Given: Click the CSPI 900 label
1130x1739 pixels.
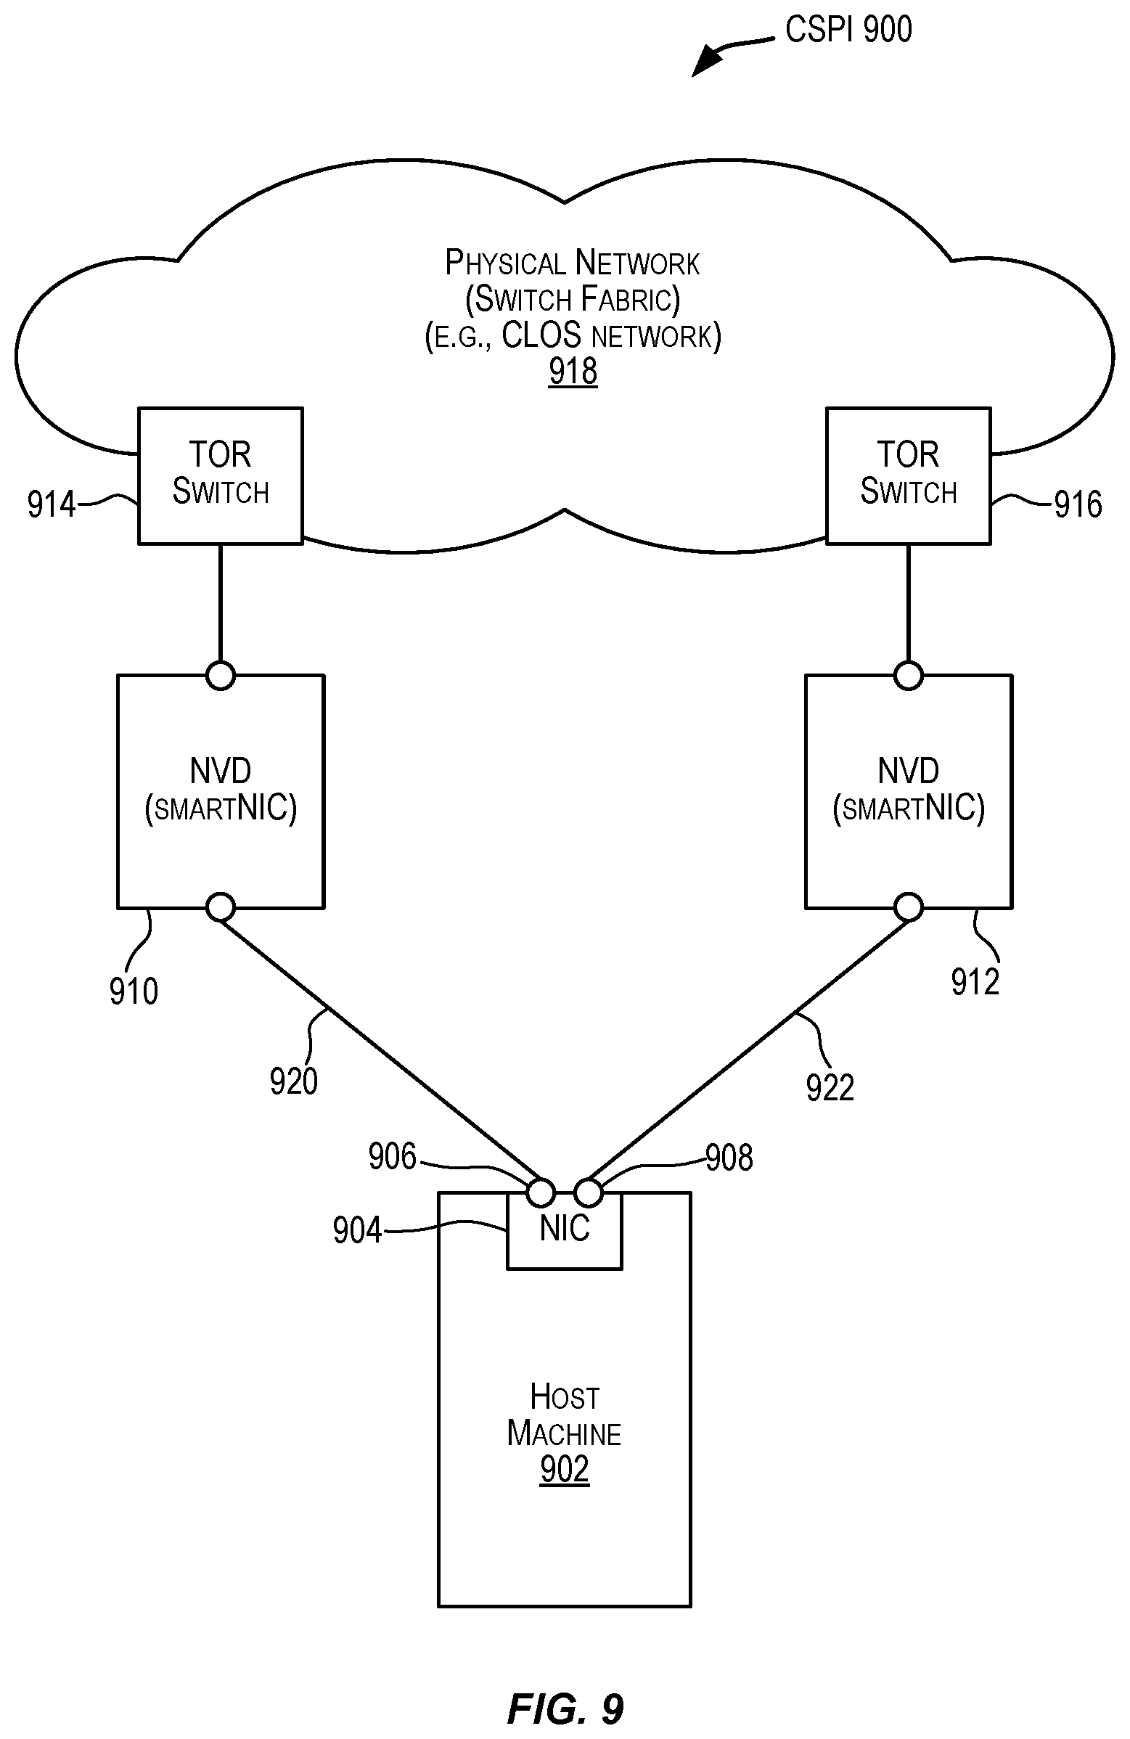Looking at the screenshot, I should [848, 30].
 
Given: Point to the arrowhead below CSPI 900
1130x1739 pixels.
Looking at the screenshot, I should [703, 65].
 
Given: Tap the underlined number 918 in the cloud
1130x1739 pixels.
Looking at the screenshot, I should [573, 371].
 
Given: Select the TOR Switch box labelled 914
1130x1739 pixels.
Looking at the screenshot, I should [221, 475].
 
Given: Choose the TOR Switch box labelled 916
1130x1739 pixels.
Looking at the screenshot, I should [908, 475].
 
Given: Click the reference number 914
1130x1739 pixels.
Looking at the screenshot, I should [51, 505].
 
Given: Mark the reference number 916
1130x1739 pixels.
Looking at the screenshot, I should [1078, 505].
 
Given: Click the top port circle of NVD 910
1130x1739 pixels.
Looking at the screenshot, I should [221, 676].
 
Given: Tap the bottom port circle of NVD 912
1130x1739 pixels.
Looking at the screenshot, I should [908, 907].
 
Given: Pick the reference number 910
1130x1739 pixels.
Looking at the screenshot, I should [134, 991].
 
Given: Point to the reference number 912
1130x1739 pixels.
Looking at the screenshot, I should [975, 982].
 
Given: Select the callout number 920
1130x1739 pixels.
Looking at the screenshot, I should [294, 1081].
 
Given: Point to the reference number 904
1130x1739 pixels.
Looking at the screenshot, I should [357, 1230].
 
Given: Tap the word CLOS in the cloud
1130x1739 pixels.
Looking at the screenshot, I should [541, 335].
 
